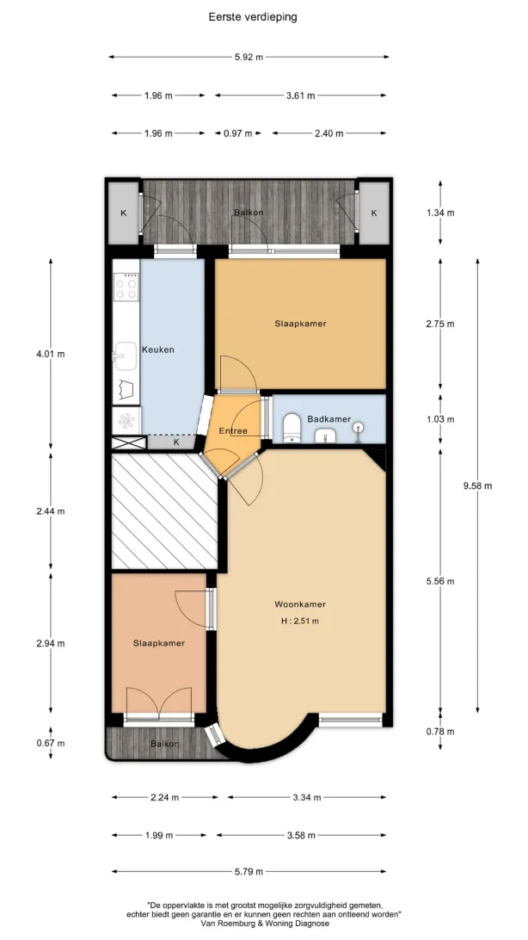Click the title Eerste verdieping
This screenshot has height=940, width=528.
(253, 17)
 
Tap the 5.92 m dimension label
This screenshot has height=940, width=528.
(249, 57)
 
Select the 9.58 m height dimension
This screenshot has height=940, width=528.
(478, 485)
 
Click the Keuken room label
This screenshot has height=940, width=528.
(158, 349)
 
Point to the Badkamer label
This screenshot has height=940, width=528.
(329, 419)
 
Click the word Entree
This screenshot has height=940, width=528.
(233, 430)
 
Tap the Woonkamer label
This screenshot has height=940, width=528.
(300, 603)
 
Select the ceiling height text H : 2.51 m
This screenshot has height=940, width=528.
(300, 622)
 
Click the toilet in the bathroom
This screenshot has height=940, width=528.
(292, 427)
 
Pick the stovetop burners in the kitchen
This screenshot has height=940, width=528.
(126, 286)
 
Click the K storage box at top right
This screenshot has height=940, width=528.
(374, 213)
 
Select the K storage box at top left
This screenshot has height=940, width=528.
(124, 213)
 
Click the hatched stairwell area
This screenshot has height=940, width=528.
(164, 510)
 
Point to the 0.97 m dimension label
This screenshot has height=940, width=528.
(237, 133)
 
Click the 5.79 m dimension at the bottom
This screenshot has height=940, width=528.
(249, 872)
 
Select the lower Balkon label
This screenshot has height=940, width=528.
(164, 744)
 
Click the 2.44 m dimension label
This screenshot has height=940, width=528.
(50, 511)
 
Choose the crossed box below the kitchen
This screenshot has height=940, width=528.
(129, 443)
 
